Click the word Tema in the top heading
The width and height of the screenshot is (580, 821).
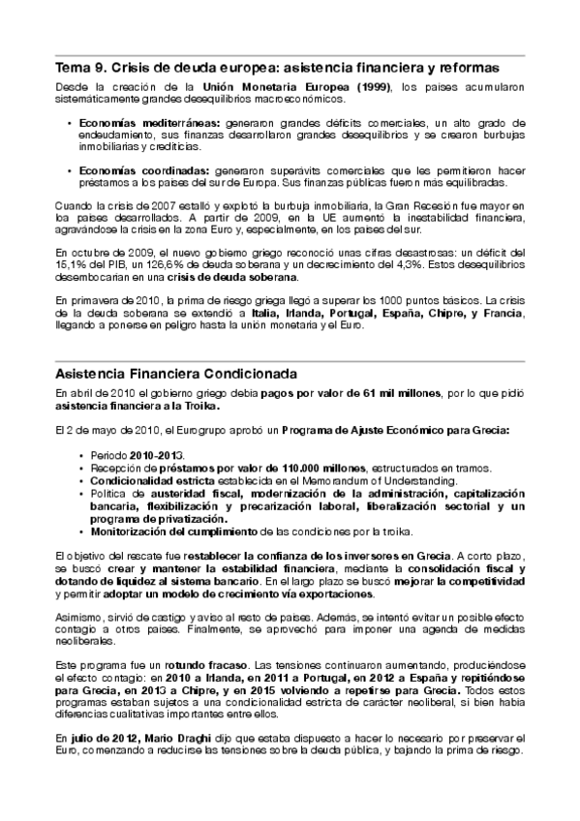point(72,69)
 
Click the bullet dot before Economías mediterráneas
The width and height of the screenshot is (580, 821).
point(69,124)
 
